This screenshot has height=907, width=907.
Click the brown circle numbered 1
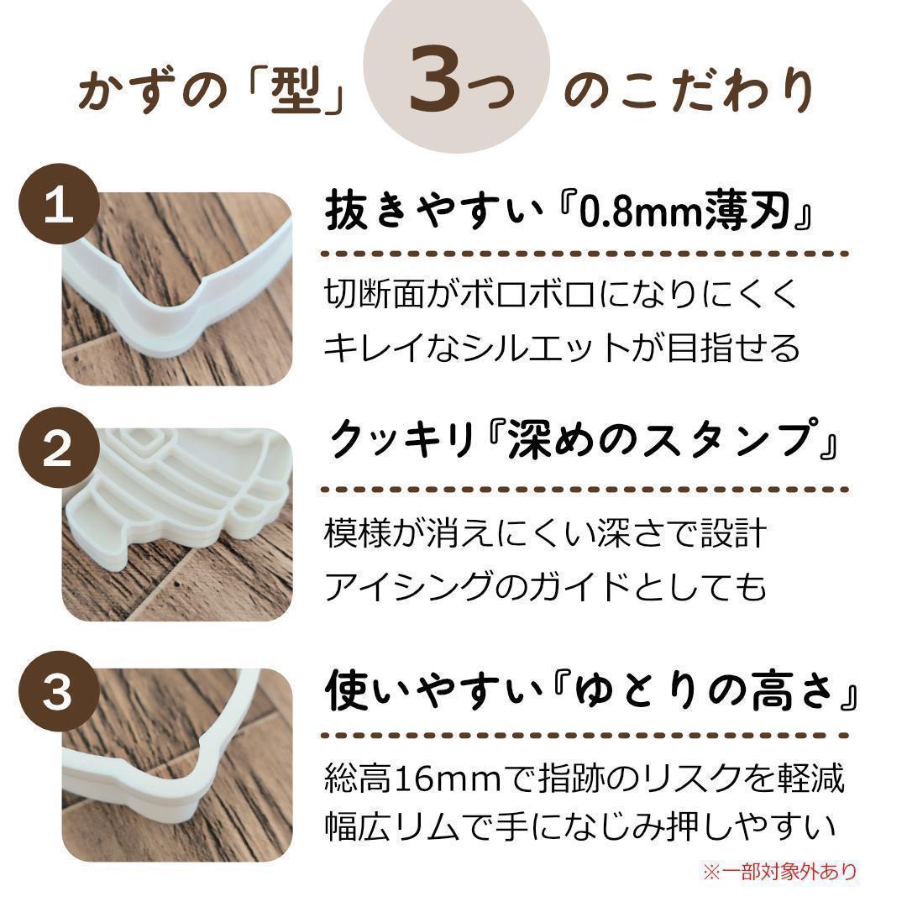pos(59,204)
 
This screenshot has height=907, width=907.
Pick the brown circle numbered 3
pos(59,691)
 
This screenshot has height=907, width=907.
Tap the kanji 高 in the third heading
pos(773,690)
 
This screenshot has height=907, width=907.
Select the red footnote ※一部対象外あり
pos(779,871)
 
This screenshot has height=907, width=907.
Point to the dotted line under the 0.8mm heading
pos(585,254)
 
